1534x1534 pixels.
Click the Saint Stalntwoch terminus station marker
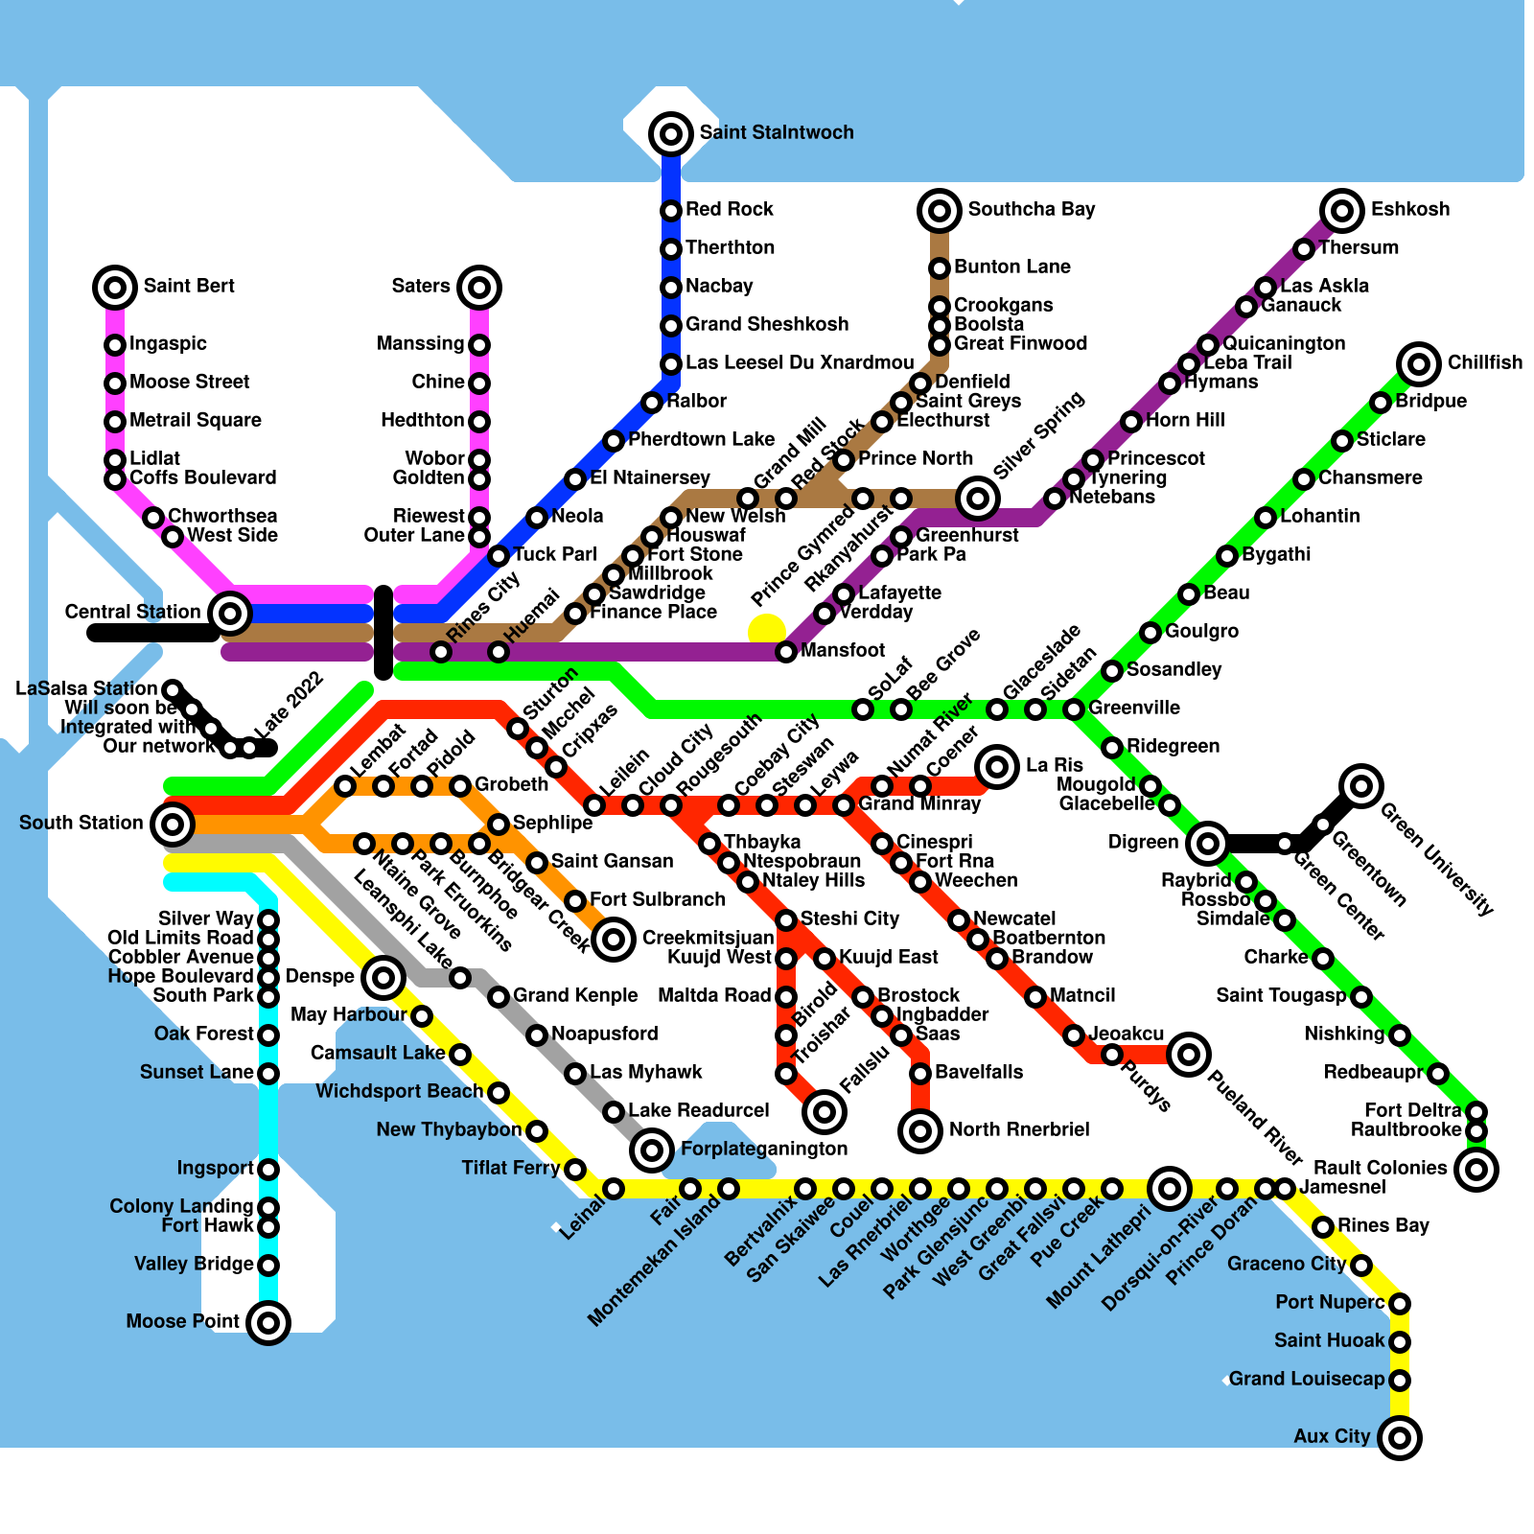pos(671,134)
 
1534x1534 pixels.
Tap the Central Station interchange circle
pos(230,613)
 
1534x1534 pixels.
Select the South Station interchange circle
pos(173,824)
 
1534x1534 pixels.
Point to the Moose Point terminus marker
pos(268,1323)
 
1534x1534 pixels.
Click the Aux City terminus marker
pos(1400,1438)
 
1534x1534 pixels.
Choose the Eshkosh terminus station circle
pos(1342,211)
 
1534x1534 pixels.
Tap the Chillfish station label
pos(1484,362)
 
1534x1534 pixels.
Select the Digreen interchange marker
pos(1208,844)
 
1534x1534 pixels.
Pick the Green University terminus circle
pos(1361,786)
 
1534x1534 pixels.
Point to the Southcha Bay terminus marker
pos(940,211)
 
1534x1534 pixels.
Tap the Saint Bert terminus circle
pos(115,288)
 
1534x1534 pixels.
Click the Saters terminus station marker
pos(479,288)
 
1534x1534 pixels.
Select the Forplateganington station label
pos(764,1149)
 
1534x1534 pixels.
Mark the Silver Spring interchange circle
pos(978,498)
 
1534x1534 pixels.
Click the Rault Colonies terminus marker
pos(1476,1170)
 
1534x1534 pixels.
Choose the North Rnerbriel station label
pos(1018,1129)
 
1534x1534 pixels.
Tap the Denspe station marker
pos(383,978)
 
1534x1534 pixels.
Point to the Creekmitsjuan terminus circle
pos(614,939)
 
